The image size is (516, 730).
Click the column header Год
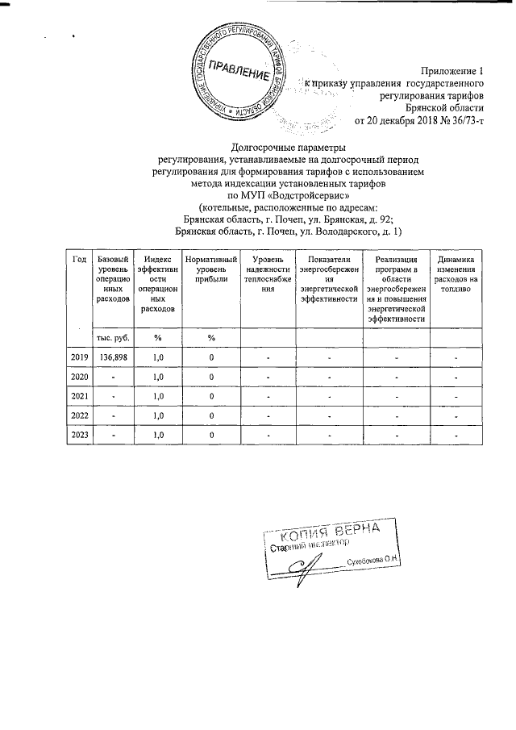(79, 259)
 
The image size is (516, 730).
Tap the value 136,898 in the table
(113, 357)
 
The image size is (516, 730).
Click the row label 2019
(79, 357)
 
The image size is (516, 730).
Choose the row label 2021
(79, 396)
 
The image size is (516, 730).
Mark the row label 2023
(79, 435)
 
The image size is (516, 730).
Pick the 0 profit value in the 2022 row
(211, 415)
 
